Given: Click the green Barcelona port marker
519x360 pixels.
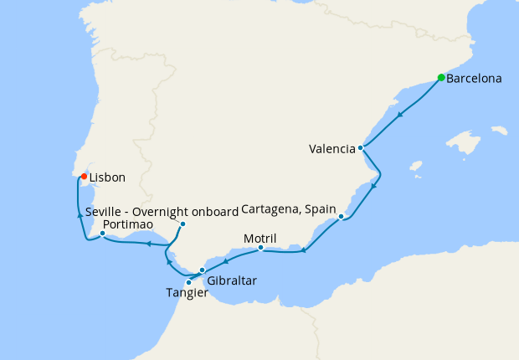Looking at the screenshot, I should pos(441,78).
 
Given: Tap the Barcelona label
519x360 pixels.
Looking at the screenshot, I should pos(475,80).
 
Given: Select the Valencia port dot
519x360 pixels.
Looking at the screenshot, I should pos(361,148).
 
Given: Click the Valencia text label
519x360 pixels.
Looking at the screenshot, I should pos(331,150).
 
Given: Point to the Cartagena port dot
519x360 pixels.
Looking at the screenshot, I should pos(342,217).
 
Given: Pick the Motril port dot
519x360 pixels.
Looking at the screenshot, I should pos(261,248).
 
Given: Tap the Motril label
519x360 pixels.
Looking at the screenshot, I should pos(259,238).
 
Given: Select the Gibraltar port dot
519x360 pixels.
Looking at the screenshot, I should pos(203,270).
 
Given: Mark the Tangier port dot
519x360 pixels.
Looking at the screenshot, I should pos(189,282).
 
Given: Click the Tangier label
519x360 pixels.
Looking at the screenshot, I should pos(187,293).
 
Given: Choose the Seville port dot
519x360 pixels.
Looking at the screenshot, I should pos(182,224).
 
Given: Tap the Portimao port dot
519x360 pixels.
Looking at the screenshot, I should pos(103,234).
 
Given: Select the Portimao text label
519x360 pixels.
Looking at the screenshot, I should pos(126,225).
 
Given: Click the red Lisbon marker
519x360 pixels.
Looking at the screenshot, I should pos(83,177).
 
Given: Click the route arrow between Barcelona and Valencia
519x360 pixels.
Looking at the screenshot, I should pos(402,114).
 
